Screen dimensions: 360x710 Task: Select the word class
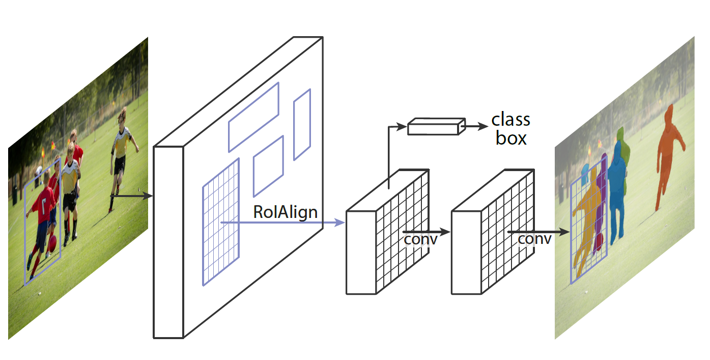[510, 120]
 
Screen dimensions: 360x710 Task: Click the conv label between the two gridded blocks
[420, 239]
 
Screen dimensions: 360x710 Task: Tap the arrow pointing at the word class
[476, 125]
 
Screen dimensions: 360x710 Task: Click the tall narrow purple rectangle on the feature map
[302, 125]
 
